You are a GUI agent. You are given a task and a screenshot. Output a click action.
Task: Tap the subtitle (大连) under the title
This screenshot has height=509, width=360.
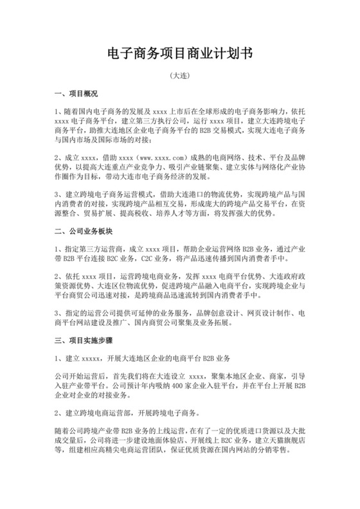(179, 76)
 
